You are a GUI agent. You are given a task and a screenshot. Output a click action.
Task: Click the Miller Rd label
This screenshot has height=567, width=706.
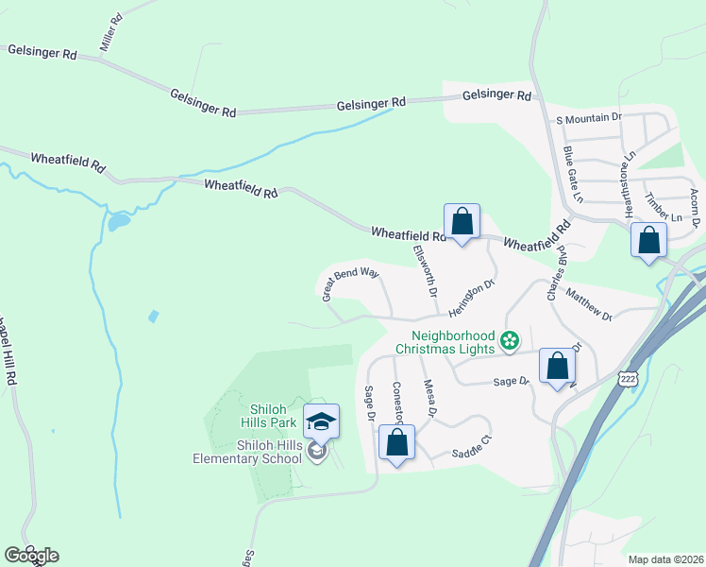pos(111,33)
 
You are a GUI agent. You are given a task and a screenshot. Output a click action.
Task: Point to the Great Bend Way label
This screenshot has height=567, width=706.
pos(350,283)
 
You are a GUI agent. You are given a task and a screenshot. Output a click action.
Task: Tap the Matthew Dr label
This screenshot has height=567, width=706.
pos(590,304)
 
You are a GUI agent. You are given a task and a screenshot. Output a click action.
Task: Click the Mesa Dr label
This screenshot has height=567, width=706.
pos(430,399)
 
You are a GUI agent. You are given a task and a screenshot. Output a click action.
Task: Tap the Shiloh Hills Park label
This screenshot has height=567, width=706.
pos(267,416)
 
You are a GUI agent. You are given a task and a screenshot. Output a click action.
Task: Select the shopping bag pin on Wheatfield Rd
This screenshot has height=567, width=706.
pos(462,223)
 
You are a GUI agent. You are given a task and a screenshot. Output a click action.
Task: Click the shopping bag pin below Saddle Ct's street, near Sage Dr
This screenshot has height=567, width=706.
pos(397,442)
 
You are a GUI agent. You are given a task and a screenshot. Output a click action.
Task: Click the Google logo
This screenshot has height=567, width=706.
pos(31,556)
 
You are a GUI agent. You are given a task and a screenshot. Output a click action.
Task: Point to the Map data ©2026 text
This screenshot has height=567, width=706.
pos(664,559)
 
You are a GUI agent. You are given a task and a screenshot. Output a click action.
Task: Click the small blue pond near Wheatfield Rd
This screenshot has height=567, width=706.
pos(119,223)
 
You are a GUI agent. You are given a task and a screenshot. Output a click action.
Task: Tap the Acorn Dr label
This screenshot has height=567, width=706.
pos(696,206)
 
